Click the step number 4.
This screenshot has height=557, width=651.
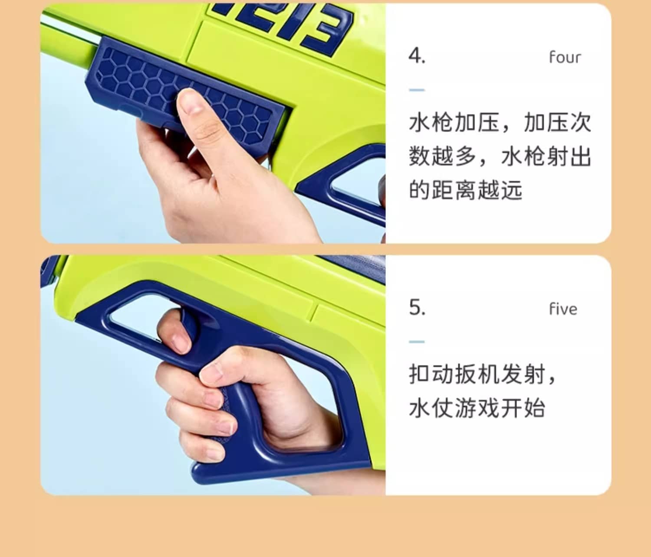(x=417, y=56)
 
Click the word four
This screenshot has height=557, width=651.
(x=565, y=57)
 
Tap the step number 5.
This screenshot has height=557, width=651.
(x=417, y=307)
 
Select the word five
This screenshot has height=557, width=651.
(x=563, y=309)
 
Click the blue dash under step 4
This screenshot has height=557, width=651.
(x=417, y=90)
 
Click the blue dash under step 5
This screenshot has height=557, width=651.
(x=417, y=342)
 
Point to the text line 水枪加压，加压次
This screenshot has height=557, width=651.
(x=500, y=123)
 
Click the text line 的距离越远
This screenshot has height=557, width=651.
(x=466, y=190)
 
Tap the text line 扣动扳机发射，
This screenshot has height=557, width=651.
(x=483, y=374)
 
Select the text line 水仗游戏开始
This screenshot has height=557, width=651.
(x=477, y=408)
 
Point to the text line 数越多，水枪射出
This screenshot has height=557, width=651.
(x=500, y=156)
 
